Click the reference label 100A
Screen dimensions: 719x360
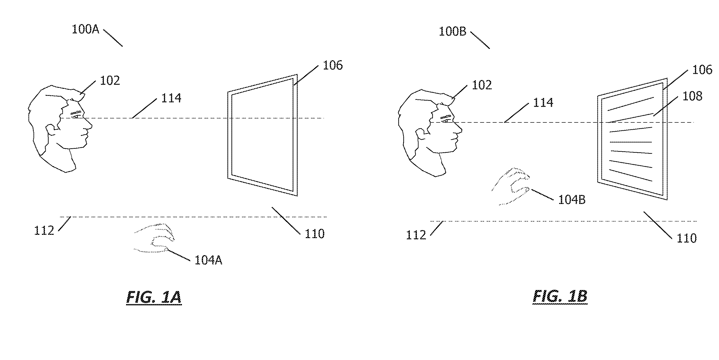tap(85, 29)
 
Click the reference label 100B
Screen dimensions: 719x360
tap(452, 32)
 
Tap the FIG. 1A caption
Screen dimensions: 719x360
tap(154, 297)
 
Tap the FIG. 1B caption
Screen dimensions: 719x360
tap(560, 296)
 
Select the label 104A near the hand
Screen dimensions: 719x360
tap(208, 260)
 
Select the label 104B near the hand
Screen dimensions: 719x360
tap(572, 200)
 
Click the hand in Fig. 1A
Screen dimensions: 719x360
tap(155, 238)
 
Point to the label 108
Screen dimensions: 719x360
tap(692, 96)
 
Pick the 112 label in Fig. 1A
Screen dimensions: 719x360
tap(44, 231)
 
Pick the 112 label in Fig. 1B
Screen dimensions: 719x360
tap(416, 235)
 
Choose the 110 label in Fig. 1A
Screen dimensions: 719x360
tap(314, 234)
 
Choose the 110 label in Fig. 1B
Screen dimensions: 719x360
tap(687, 238)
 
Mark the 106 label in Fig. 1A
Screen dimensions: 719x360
tap(333, 65)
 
